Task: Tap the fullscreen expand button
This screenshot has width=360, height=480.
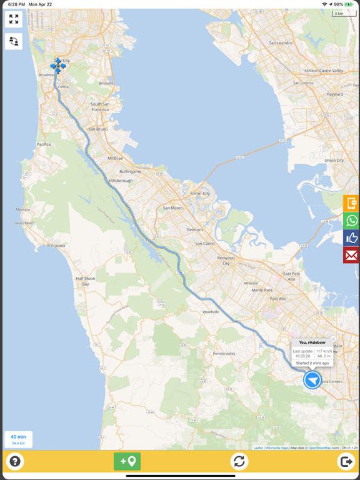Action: (x=14, y=20)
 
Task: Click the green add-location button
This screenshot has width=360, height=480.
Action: (x=127, y=461)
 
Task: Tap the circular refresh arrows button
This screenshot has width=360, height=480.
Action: (x=239, y=461)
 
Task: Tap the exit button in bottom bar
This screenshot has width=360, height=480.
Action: (x=346, y=461)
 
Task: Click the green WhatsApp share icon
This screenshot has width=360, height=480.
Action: (x=351, y=221)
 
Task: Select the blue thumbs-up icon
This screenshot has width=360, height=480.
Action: (x=351, y=237)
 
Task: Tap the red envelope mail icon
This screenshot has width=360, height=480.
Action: (x=351, y=255)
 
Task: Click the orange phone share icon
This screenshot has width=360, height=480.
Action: (x=351, y=203)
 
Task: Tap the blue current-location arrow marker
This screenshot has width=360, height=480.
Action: (x=312, y=379)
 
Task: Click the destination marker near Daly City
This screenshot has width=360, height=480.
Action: (x=57, y=66)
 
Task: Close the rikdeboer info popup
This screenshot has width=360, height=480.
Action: (x=333, y=339)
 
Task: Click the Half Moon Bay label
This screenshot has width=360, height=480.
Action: (x=85, y=281)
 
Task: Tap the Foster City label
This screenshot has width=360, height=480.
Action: (x=200, y=194)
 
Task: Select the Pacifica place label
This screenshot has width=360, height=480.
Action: (x=44, y=144)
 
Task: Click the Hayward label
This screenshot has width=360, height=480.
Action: (x=334, y=94)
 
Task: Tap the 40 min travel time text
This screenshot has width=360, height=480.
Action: (x=18, y=437)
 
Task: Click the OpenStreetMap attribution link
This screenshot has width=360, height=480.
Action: (x=319, y=447)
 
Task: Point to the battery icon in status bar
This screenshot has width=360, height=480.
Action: (x=349, y=4)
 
